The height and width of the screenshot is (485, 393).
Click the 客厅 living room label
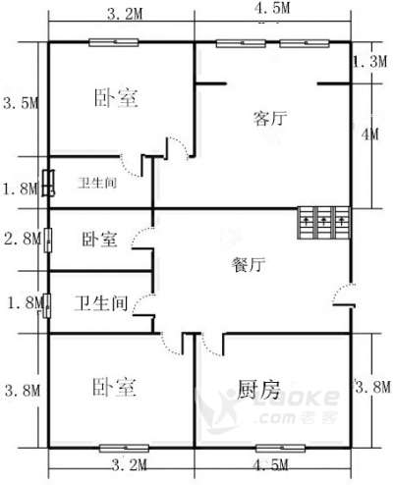(270, 118)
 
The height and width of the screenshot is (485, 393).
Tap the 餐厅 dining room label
(249, 264)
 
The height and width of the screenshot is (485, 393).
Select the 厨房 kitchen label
(258, 389)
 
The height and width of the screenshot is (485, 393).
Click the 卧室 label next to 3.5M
(116, 97)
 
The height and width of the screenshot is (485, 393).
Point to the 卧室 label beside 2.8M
(99, 240)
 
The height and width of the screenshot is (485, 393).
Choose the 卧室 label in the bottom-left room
(114, 387)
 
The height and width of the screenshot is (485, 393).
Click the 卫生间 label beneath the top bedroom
(97, 183)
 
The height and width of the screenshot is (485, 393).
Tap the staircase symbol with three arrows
(324, 222)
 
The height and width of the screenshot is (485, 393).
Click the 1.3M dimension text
(369, 61)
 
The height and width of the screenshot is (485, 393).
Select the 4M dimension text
(369, 135)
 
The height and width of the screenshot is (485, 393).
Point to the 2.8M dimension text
(23, 239)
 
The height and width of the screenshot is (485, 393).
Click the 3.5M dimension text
(21, 103)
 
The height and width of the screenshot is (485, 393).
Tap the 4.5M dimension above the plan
(272, 8)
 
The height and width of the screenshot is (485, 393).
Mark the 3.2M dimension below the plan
(129, 465)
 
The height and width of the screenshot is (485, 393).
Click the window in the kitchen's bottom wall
(280, 448)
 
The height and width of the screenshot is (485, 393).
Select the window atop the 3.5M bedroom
(114, 42)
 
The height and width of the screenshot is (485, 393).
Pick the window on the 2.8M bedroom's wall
(48, 241)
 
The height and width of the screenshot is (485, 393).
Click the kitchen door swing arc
(209, 347)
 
